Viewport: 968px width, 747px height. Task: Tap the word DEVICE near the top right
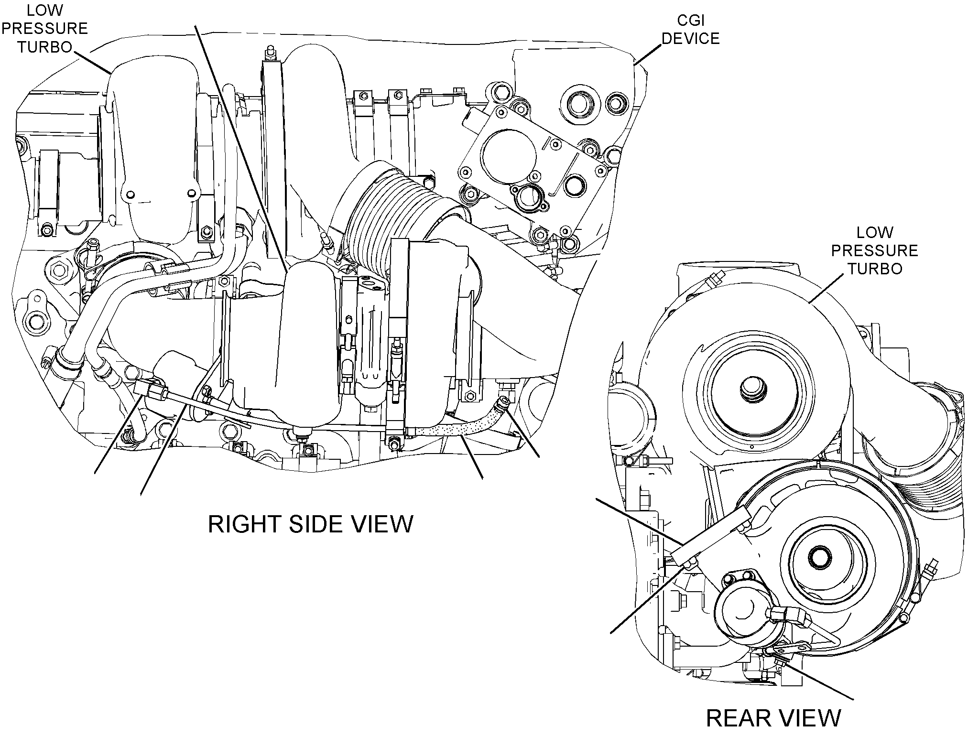(x=690, y=38)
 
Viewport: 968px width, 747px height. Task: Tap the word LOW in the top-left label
(x=44, y=10)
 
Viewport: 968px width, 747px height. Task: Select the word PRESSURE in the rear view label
(x=875, y=250)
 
